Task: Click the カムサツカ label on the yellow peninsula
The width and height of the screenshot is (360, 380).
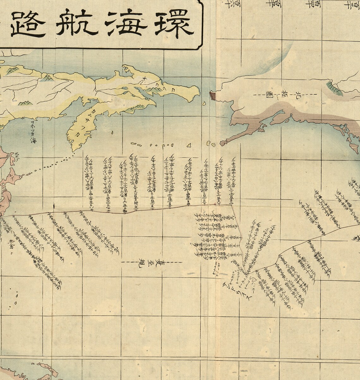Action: tap(81, 122)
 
